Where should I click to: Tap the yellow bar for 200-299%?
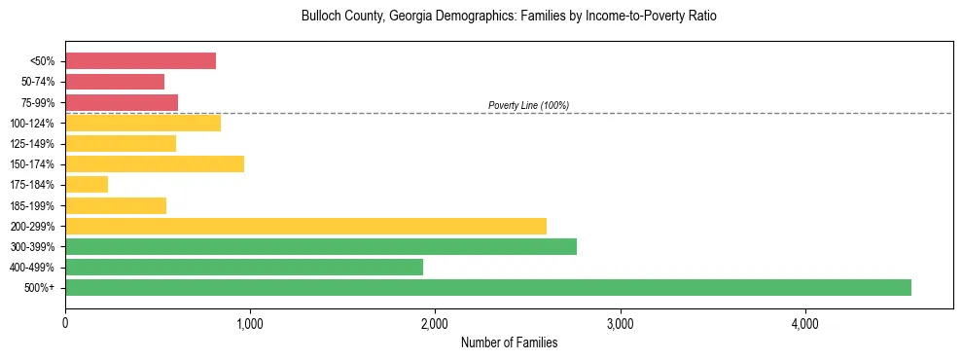click(305, 226)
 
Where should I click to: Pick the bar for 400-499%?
click(244, 267)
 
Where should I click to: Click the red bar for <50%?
click(140, 61)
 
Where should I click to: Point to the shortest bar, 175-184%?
click(87, 184)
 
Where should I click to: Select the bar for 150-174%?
click(155, 163)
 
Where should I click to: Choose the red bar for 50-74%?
click(115, 82)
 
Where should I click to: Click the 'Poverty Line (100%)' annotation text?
click(528, 105)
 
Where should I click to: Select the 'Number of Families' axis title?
click(509, 342)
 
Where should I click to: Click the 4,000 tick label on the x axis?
click(804, 323)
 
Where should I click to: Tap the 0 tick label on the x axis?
click(65, 323)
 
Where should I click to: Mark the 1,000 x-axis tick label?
click(250, 323)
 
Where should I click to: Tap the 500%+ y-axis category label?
click(41, 288)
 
